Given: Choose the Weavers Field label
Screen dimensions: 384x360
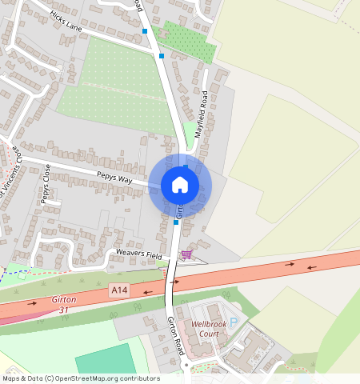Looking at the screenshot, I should pyautogui.click(x=139, y=255).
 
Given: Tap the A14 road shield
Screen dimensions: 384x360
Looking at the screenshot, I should pyautogui.click(x=119, y=289).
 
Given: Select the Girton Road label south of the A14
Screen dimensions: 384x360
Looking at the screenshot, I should pyautogui.click(x=176, y=336).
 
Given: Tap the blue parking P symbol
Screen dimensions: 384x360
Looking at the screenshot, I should pyautogui.click(x=234, y=323).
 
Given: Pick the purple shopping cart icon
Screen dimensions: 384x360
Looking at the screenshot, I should pyautogui.click(x=186, y=254).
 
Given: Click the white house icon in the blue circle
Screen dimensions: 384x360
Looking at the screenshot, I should pyautogui.click(x=180, y=185).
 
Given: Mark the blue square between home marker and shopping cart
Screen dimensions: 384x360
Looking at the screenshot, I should pyautogui.click(x=176, y=223).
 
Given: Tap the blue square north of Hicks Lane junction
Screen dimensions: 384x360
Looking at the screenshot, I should pyautogui.click(x=145, y=31).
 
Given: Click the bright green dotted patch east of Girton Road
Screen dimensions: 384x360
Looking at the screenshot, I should pyautogui.click(x=190, y=42).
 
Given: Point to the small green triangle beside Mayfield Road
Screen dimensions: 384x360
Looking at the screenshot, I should pyautogui.click(x=189, y=130).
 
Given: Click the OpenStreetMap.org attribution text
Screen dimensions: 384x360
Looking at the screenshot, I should pyautogui.click(x=120, y=378).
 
